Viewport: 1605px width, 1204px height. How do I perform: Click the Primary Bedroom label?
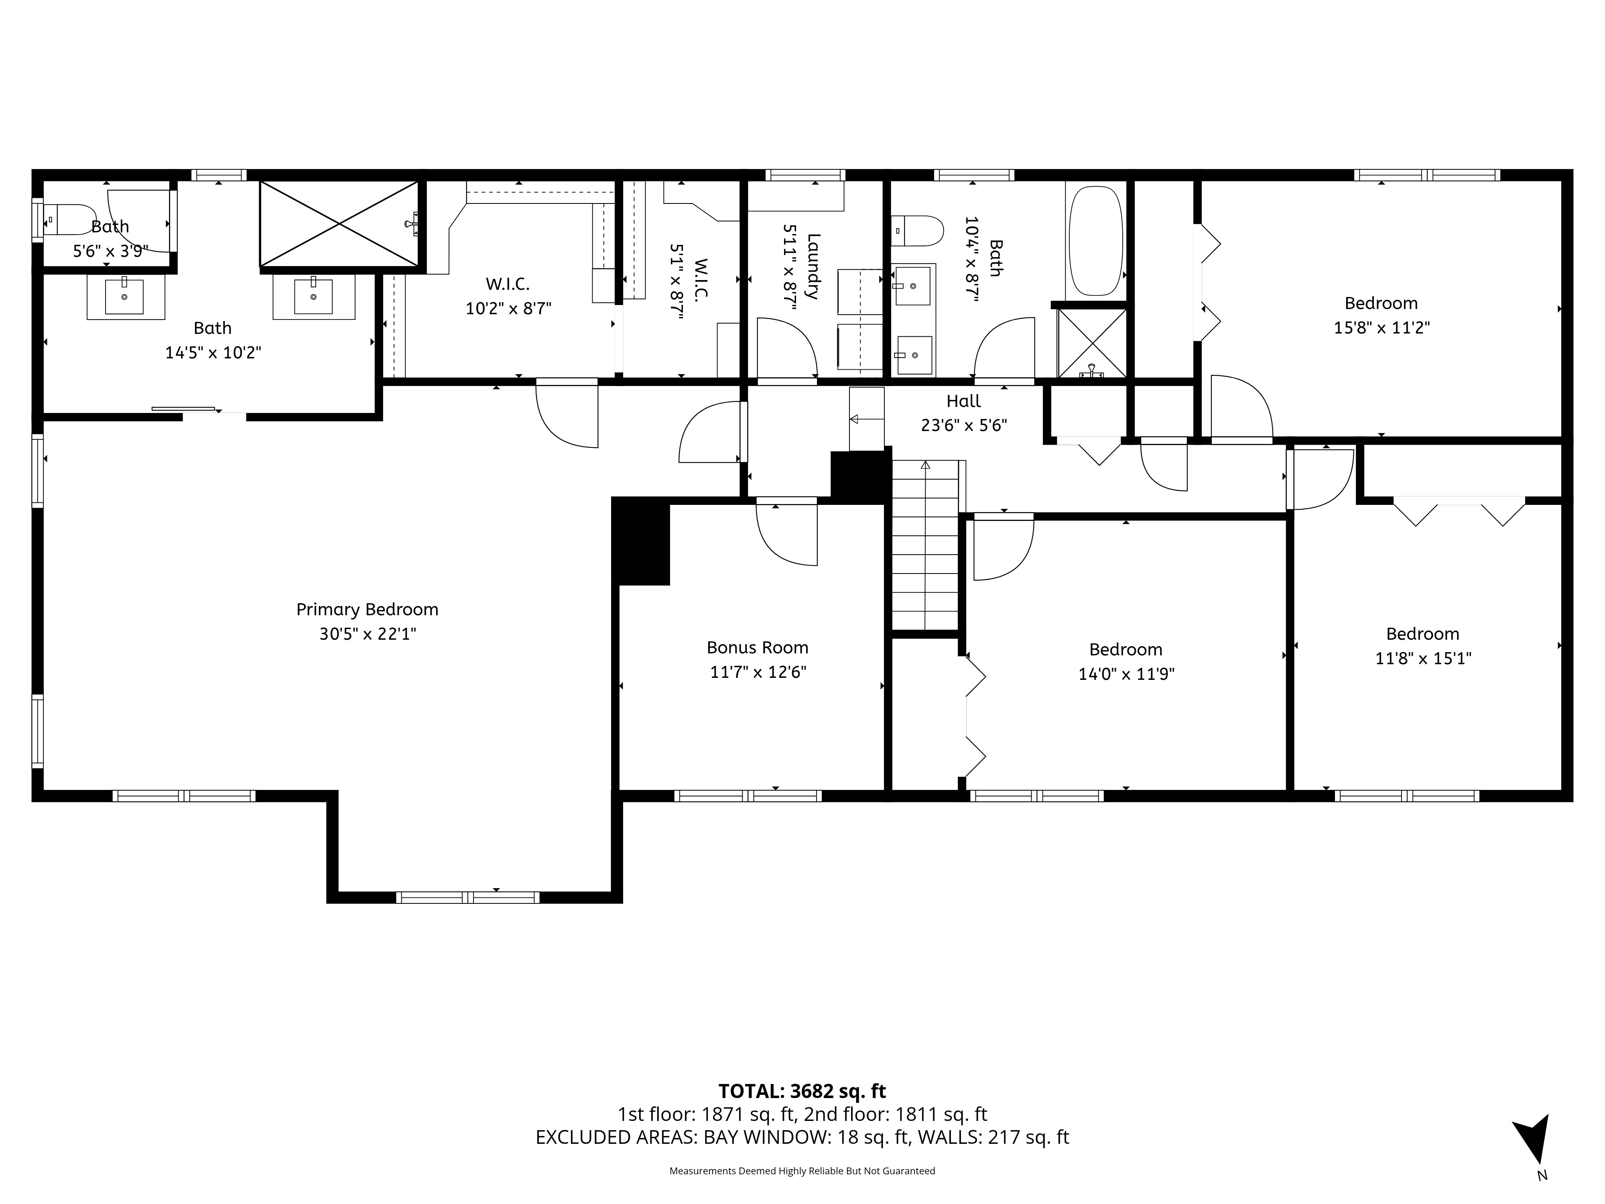coord(367,610)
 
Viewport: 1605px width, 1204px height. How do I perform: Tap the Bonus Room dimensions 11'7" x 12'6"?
coord(758,672)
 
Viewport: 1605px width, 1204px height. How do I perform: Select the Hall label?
coord(963,401)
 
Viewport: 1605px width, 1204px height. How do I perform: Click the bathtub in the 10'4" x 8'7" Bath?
coord(1096,241)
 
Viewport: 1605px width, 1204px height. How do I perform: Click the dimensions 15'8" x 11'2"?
coord(1382,328)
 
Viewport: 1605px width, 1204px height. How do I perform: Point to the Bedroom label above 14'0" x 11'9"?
coord(1126,649)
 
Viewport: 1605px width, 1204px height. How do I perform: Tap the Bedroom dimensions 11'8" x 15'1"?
coord(1423,658)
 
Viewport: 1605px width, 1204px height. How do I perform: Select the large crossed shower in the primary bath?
coord(339,224)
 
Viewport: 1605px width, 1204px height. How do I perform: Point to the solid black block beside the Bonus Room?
coord(641,541)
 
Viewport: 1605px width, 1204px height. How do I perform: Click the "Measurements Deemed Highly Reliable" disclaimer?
coord(802,1171)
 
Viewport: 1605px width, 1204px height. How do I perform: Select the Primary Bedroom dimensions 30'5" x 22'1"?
coord(368,634)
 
